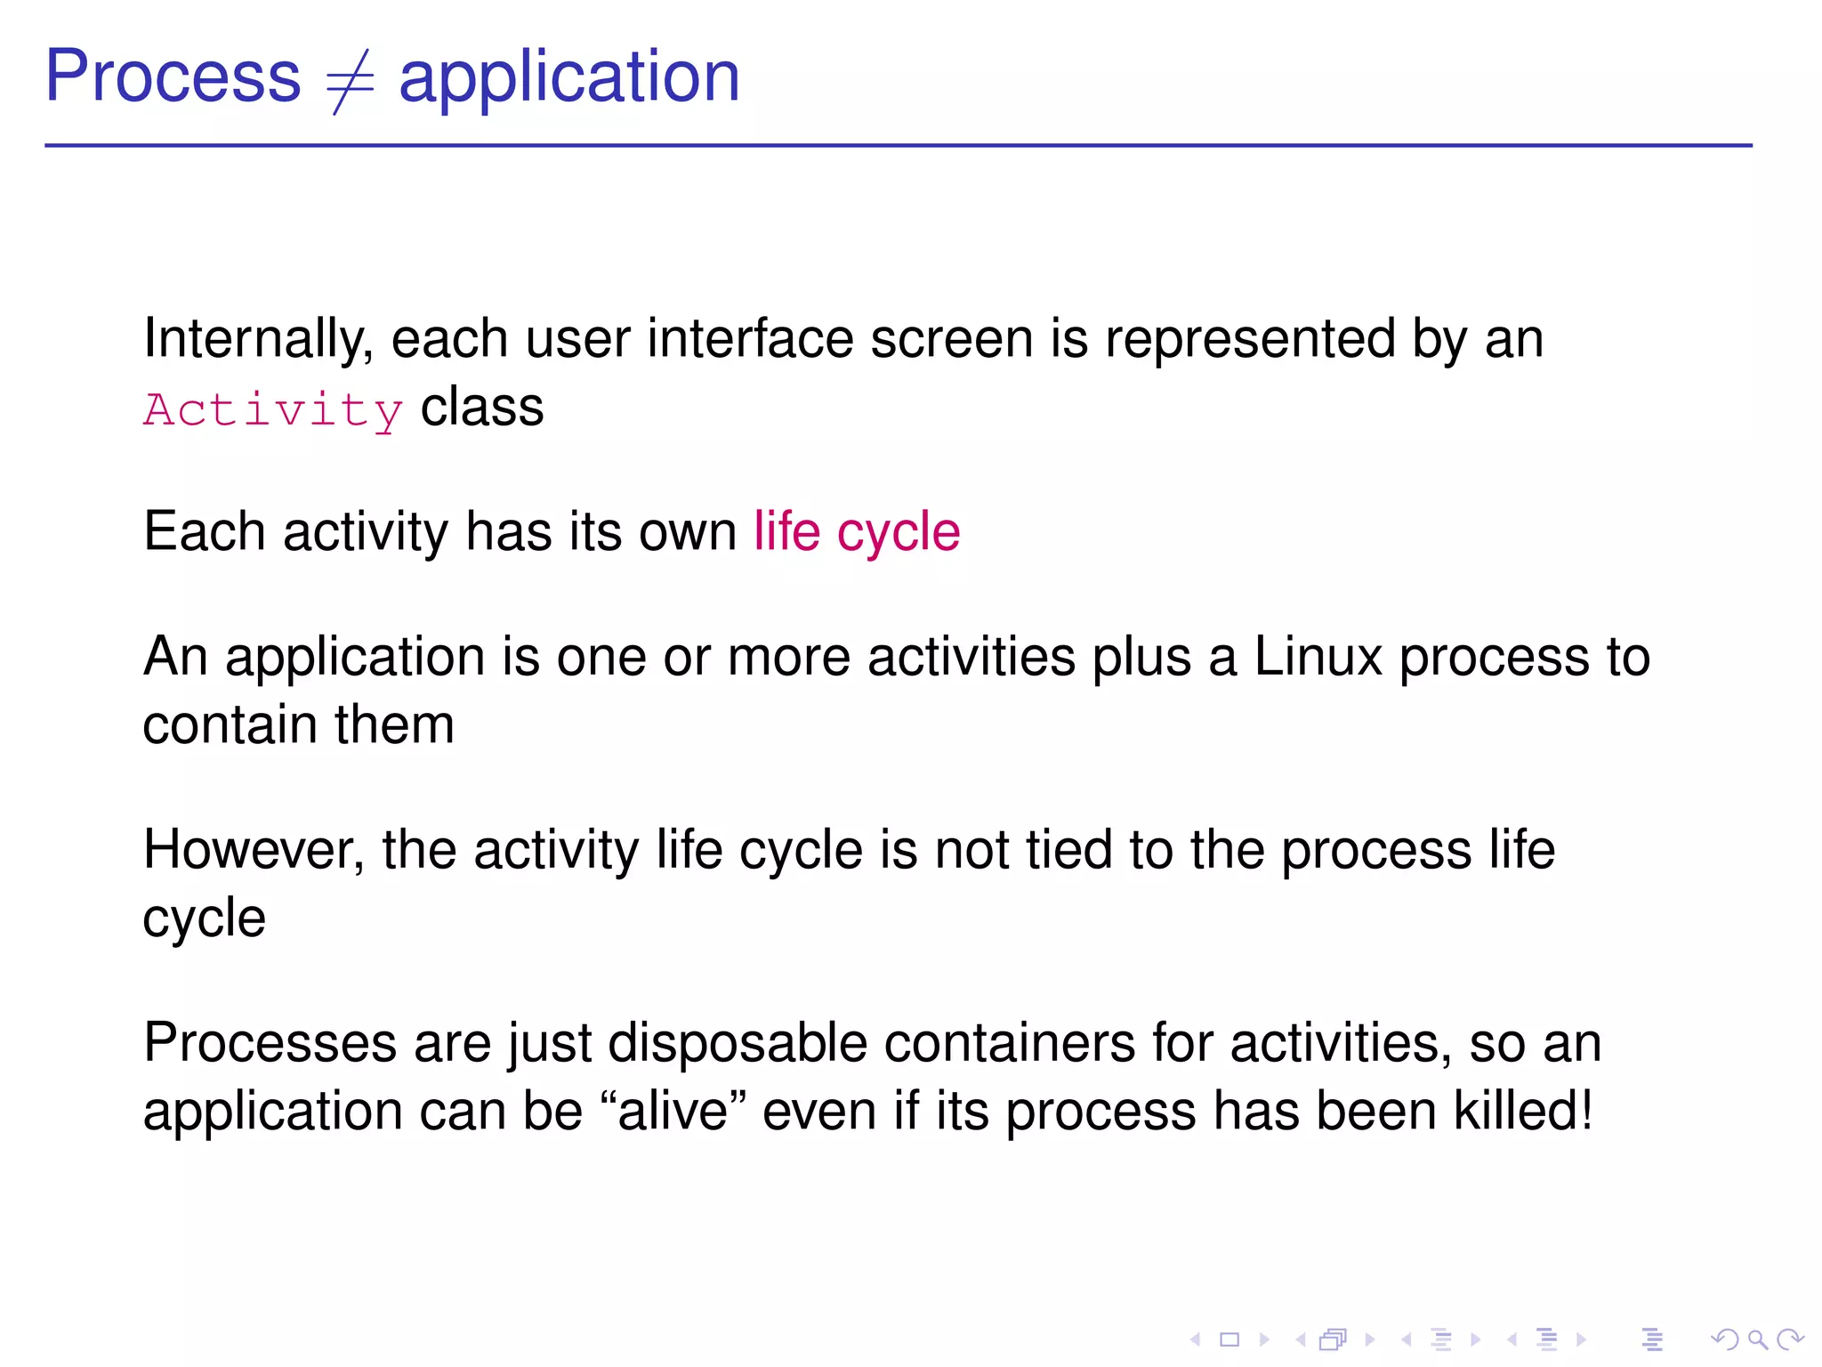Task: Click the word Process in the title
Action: [x=173, y=78]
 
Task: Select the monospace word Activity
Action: [x=273, y=411]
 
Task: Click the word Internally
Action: [x=258, y=340]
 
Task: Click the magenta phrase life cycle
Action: [x=857, y=533]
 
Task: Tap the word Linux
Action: [x=1318, y=658]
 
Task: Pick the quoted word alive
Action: [x=673, y=1112]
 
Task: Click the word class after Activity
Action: [x=481, y=409]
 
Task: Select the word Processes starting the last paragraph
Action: [x=270, y=1044]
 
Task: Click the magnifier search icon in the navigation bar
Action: [x=1757, y=1339]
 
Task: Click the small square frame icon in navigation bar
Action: [x=1229, y=1339]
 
